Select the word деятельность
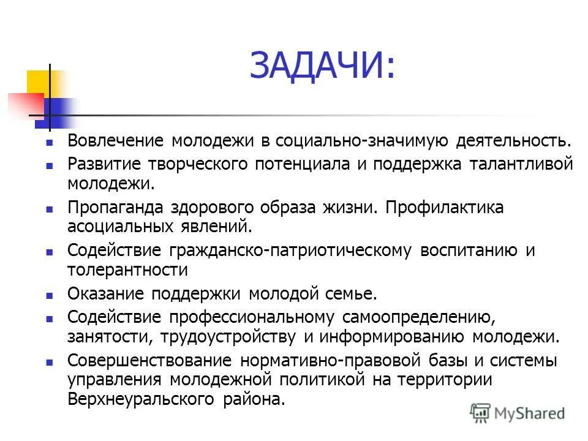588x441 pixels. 513,141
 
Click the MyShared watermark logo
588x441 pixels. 518,413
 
